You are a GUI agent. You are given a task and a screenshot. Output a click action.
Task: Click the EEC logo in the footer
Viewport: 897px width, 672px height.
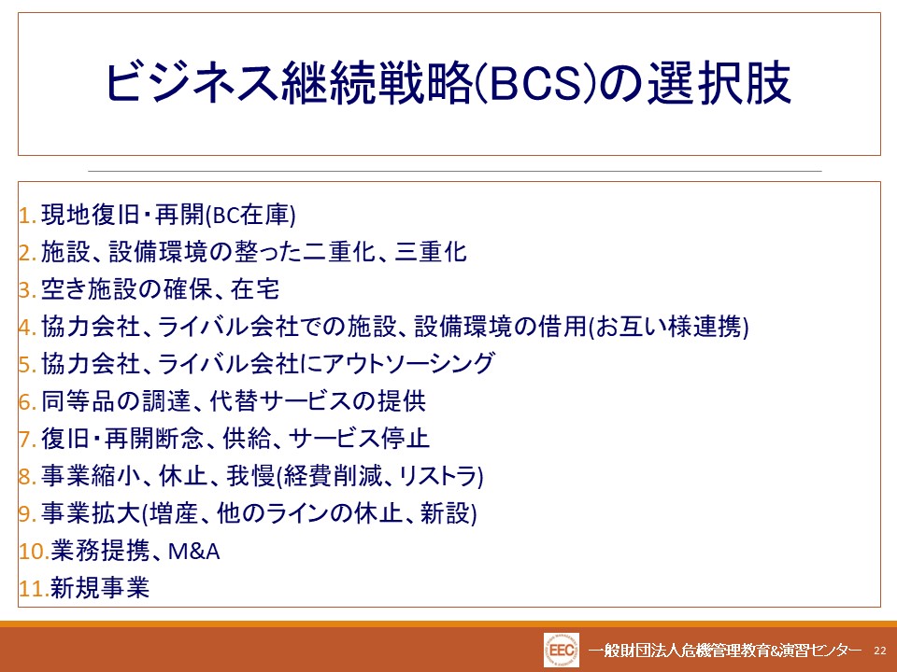coord(562,650)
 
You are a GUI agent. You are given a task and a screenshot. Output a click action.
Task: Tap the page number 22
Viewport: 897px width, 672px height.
coord(880,651)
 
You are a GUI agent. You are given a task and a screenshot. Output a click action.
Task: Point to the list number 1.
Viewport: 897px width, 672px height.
coord(28,216)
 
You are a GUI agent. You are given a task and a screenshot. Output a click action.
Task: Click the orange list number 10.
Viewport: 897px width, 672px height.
coord(35,552)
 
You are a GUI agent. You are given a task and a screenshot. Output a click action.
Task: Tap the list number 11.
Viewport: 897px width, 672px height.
coord(35,589)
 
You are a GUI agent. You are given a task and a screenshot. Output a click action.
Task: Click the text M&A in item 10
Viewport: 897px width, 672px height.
coord(194,552)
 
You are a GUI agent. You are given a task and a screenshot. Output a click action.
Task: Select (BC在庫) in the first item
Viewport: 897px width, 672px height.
coord(250,216)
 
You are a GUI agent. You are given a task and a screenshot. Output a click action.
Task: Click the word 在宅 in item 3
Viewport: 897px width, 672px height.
coord(255,289)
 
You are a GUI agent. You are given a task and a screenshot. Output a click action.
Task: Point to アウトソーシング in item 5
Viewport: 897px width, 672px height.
coord(408,363)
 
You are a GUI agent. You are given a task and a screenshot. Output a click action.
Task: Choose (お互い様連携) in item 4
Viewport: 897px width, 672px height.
coord(669,327)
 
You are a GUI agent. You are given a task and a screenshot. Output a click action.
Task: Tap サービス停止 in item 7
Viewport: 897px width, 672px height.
coord(359,439)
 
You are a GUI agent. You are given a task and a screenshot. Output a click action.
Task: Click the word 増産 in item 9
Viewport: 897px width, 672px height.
coord(173,512)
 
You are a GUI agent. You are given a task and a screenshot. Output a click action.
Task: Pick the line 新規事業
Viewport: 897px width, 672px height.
coord(100,588)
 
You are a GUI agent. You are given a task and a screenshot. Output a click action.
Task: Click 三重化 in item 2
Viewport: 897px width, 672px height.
coord(431,252)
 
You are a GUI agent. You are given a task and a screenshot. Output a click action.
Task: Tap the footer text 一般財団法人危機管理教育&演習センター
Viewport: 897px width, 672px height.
coord(725,651)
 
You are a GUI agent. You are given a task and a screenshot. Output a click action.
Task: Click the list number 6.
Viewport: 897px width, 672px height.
coord(28,401)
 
